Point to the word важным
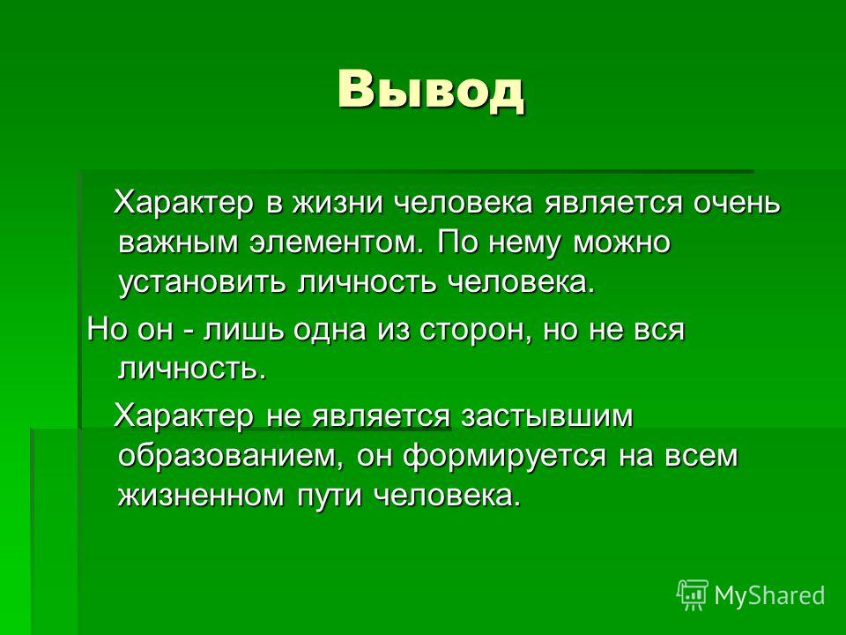[x=177, y=243]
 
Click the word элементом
[x=335, y=243]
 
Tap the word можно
[x=621, y=243]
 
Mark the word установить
[x=201, y=283]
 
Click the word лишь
[x=243, y=330]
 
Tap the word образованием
[x=231, y=456]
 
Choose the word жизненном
[x=201, y=495]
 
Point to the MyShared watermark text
[x=770, y=595]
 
